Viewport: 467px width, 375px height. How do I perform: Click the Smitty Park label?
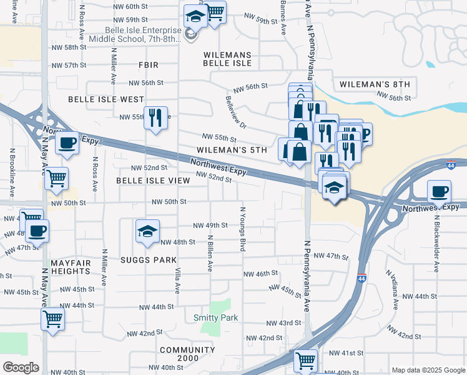(x=215, y=318)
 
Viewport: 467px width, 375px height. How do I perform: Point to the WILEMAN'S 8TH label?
(x=374, y=84)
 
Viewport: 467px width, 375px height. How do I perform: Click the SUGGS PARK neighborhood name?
(x=149, y=259)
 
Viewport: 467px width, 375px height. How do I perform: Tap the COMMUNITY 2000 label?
(x=187, y=354)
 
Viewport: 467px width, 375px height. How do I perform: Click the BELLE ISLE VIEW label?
(x=153, y=181)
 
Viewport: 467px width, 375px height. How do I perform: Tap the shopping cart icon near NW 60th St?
(x=215, y=11)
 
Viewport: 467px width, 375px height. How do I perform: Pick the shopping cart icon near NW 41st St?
(x=306, y=359)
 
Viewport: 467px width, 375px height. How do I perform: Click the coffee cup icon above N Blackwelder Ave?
(x=440, y=191)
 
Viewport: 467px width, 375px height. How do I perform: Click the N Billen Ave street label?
(x=210, y=253)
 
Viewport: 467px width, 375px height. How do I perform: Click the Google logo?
(x=21, y=367)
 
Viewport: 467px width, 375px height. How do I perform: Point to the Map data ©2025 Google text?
(x=428, y=370)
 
